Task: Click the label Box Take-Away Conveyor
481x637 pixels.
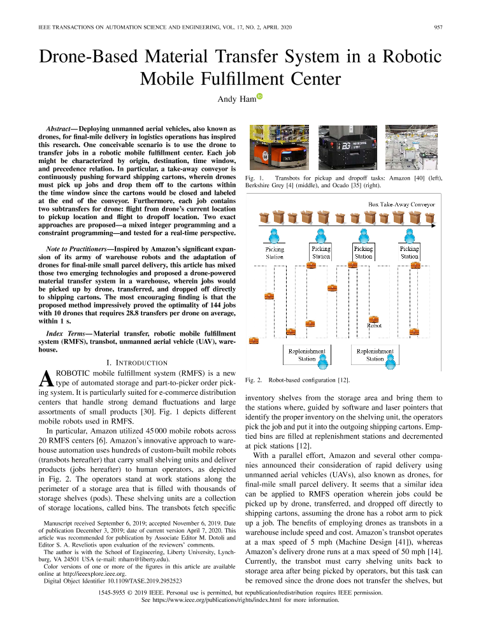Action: pyautogui.click(x=402, y=204)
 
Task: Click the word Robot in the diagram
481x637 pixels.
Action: pyautogui.click(x=375, y=326)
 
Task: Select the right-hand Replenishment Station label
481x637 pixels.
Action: pyautogui.click(x=375, y=355)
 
